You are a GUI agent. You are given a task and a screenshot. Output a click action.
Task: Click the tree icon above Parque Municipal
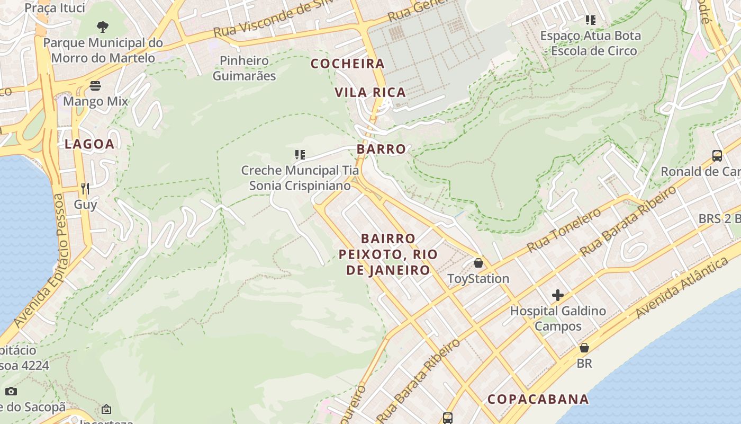point(103,26)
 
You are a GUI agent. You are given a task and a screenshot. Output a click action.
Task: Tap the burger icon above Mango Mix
point(95,85)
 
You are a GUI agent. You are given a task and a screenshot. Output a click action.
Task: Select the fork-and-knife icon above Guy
point(85,188)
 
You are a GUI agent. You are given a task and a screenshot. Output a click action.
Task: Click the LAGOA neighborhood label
point(89,144)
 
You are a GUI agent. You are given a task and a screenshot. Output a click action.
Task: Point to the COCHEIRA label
point(348,64)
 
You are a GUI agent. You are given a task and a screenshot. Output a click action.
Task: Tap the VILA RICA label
point(370,93)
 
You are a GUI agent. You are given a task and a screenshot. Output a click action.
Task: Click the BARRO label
point(381,149)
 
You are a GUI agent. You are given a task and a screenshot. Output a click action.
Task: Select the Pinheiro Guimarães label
point(245,68)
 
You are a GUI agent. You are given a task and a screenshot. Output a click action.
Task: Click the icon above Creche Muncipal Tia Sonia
point(300,155)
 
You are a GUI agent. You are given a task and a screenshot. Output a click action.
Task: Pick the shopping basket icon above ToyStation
point(478,263)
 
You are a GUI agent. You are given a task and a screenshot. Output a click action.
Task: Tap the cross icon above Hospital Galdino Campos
point(558,295)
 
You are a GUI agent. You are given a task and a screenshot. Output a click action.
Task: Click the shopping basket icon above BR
point(584,348)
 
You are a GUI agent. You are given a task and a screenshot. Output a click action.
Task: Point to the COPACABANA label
point(538,399)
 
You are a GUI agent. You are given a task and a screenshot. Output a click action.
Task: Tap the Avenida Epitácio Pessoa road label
point(39,260)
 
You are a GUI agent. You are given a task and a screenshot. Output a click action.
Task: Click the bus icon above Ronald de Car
point(717,156)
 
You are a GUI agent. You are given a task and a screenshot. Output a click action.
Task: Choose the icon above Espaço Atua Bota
point(591,21)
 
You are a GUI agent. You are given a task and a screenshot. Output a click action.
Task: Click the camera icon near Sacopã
point(11,392)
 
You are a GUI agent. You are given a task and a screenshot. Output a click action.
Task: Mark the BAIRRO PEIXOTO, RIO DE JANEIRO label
point(388,254)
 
